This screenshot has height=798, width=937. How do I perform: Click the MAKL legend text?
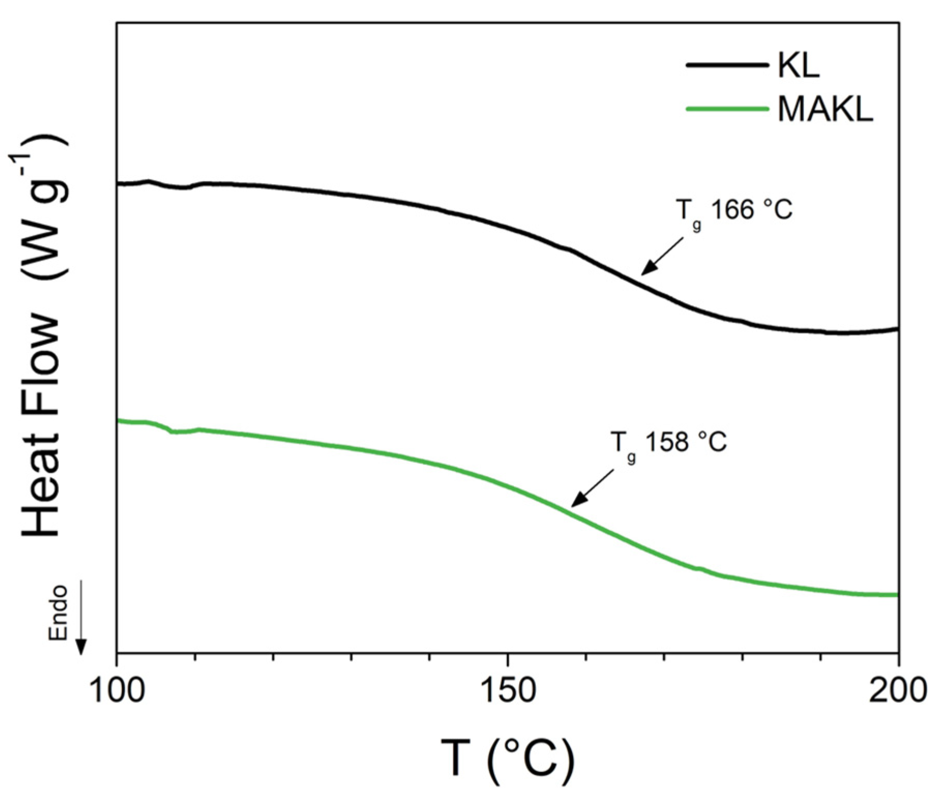[825, 109]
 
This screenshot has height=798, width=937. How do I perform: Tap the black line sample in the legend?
[727, 65]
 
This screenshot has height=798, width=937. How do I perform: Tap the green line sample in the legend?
[727, 109]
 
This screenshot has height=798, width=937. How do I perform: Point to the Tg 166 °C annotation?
[734, 212]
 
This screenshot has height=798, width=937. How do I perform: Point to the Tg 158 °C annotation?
[669, 443]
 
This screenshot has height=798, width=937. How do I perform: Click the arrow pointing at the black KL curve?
[662, 255]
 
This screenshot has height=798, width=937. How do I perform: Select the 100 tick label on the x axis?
[117, 691]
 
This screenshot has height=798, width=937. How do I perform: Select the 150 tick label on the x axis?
[507, 691]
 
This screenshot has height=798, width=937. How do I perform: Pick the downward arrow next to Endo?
[81, 618]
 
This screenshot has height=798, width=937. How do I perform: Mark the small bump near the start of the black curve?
[149, 182]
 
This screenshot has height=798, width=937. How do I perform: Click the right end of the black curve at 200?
[897, 329]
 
